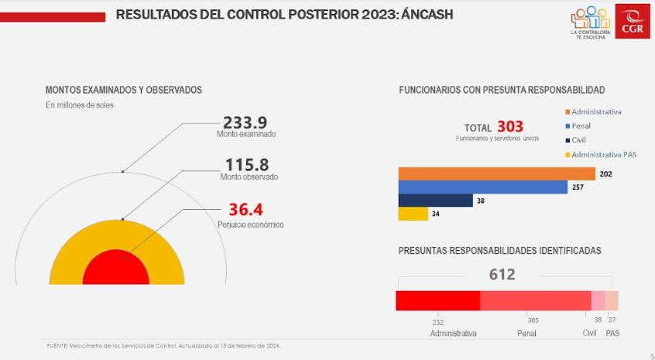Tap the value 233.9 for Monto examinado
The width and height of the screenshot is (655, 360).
pos(245,122)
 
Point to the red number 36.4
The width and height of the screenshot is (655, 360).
pos(246,210)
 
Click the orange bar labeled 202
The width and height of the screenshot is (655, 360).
pos(496,173)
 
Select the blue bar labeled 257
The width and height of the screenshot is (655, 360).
pos(482,187)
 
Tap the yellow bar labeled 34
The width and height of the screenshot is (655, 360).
pos(413,214)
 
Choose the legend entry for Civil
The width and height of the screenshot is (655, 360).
pos(579,140)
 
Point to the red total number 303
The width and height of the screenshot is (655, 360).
pos(510,126)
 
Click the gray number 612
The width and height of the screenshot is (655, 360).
pos(502,274)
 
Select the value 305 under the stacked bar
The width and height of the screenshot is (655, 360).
pos(533,320)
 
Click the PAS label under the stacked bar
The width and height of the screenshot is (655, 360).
pos(612,333)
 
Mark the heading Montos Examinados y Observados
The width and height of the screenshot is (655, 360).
pos(124,90)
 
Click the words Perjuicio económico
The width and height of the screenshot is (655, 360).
pos(250,225)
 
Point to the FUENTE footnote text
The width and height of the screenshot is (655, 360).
pos(163,345)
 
